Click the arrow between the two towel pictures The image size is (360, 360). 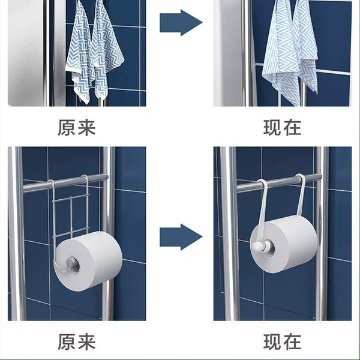coord(181,23)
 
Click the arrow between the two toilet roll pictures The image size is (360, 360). coord(181,237)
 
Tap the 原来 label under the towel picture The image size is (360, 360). coord(76,128)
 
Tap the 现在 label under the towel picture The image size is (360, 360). coord(282,128)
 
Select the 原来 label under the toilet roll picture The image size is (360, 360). coord(76,342)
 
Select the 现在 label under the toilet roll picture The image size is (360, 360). coord(282,342)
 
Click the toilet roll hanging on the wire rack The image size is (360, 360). coord(89,261)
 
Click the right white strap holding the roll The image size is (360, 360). coord(301,194)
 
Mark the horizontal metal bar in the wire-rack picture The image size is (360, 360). coord(65,183)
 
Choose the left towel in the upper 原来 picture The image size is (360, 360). coord(80,53)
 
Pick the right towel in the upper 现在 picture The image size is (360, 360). coord(305,46)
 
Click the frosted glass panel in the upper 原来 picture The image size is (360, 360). coord(26,53)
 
